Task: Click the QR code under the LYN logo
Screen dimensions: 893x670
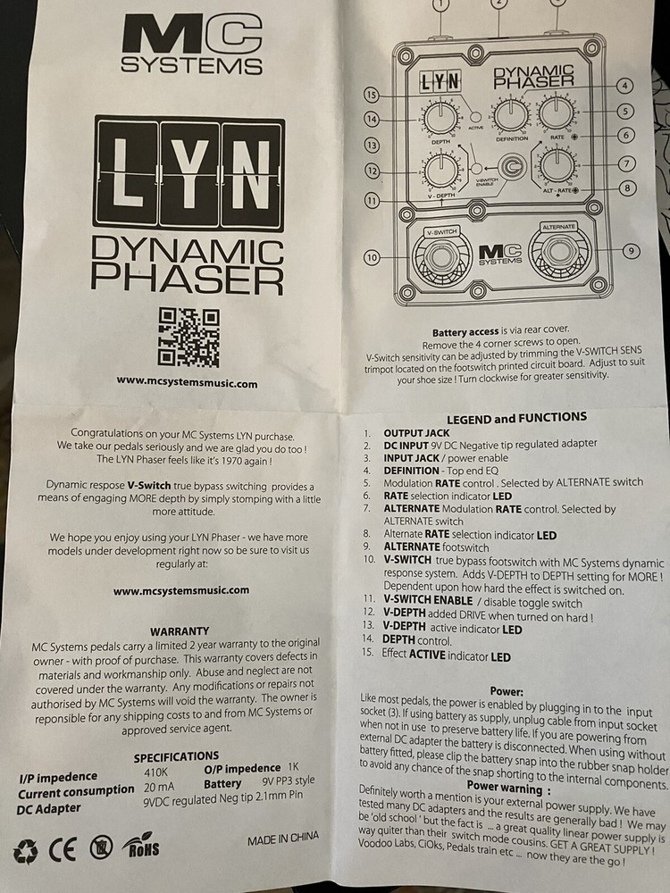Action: (188, 337)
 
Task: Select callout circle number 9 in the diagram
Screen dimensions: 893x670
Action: (631, 251)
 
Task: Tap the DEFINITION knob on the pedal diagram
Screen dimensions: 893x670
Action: (511, 113)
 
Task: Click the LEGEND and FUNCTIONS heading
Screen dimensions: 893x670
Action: (516, 417)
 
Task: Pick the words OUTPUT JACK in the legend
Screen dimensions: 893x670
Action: (416, 432)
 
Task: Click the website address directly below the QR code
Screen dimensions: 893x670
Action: (187, 382)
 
